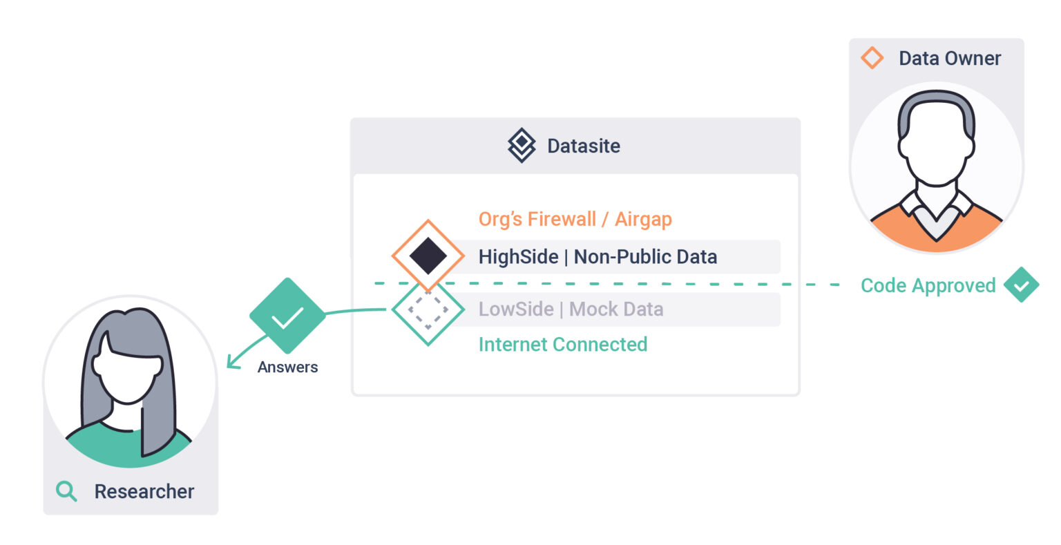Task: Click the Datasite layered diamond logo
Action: click(x=522, y=145)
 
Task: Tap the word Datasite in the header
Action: click(x=584, y=146)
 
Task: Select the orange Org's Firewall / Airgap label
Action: click(x=575, y=219)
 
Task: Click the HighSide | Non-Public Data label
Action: click(x=598, y=257)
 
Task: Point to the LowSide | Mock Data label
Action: click(x=571, y=309)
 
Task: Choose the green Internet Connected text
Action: click(x=562, y=344)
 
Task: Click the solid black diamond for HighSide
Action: click(x=428, y=256)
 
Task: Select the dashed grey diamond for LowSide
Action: click(x=428, y=310)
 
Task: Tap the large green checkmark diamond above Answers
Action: click(x=287, y=316)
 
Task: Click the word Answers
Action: click(x=287, y=367)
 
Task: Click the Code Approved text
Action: click(x=928, y=285)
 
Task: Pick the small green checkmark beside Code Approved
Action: click(x=1021, y=285)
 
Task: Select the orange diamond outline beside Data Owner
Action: click(x=872, y=58)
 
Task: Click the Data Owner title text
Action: click(x=949, y=59)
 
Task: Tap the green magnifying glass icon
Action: click(x=66, y=491)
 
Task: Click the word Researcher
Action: click(x=144, y=491)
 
